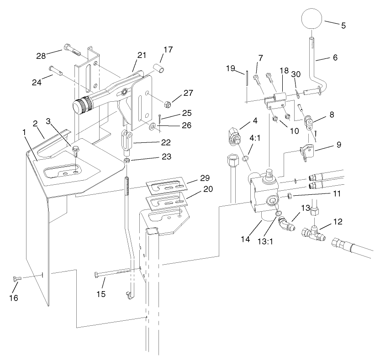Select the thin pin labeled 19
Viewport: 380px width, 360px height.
pos(246,78)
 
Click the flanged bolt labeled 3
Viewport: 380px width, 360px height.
pos(76,150)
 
